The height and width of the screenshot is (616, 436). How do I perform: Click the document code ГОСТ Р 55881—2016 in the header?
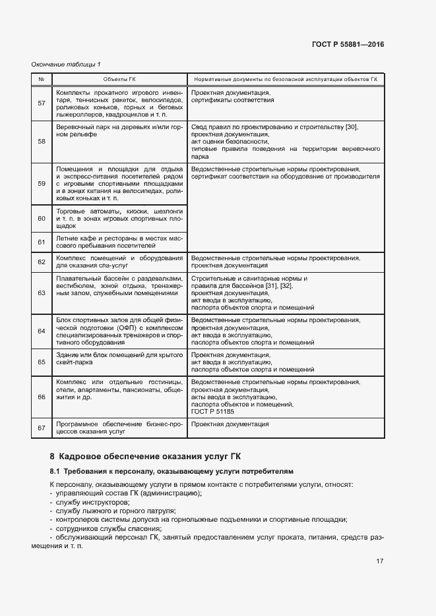pos(348,45)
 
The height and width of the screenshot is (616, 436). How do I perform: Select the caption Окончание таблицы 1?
pos(66,64)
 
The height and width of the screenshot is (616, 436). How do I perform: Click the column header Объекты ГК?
pos(120,79)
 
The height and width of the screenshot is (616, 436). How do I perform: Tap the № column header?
pos(42,79)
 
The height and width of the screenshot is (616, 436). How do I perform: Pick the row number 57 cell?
pos(42,103)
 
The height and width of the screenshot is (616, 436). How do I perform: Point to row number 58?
pos(42,141)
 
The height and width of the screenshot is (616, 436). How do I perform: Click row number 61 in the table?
pos(42,242)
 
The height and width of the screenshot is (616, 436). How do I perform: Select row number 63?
pos(42,293)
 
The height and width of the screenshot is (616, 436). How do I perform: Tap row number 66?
pos(42,397)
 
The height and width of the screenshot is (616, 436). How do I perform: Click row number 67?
pos(42,428)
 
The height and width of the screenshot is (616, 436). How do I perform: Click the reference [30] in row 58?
pos(352,126)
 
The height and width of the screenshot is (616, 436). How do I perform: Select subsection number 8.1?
pos(55,472)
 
